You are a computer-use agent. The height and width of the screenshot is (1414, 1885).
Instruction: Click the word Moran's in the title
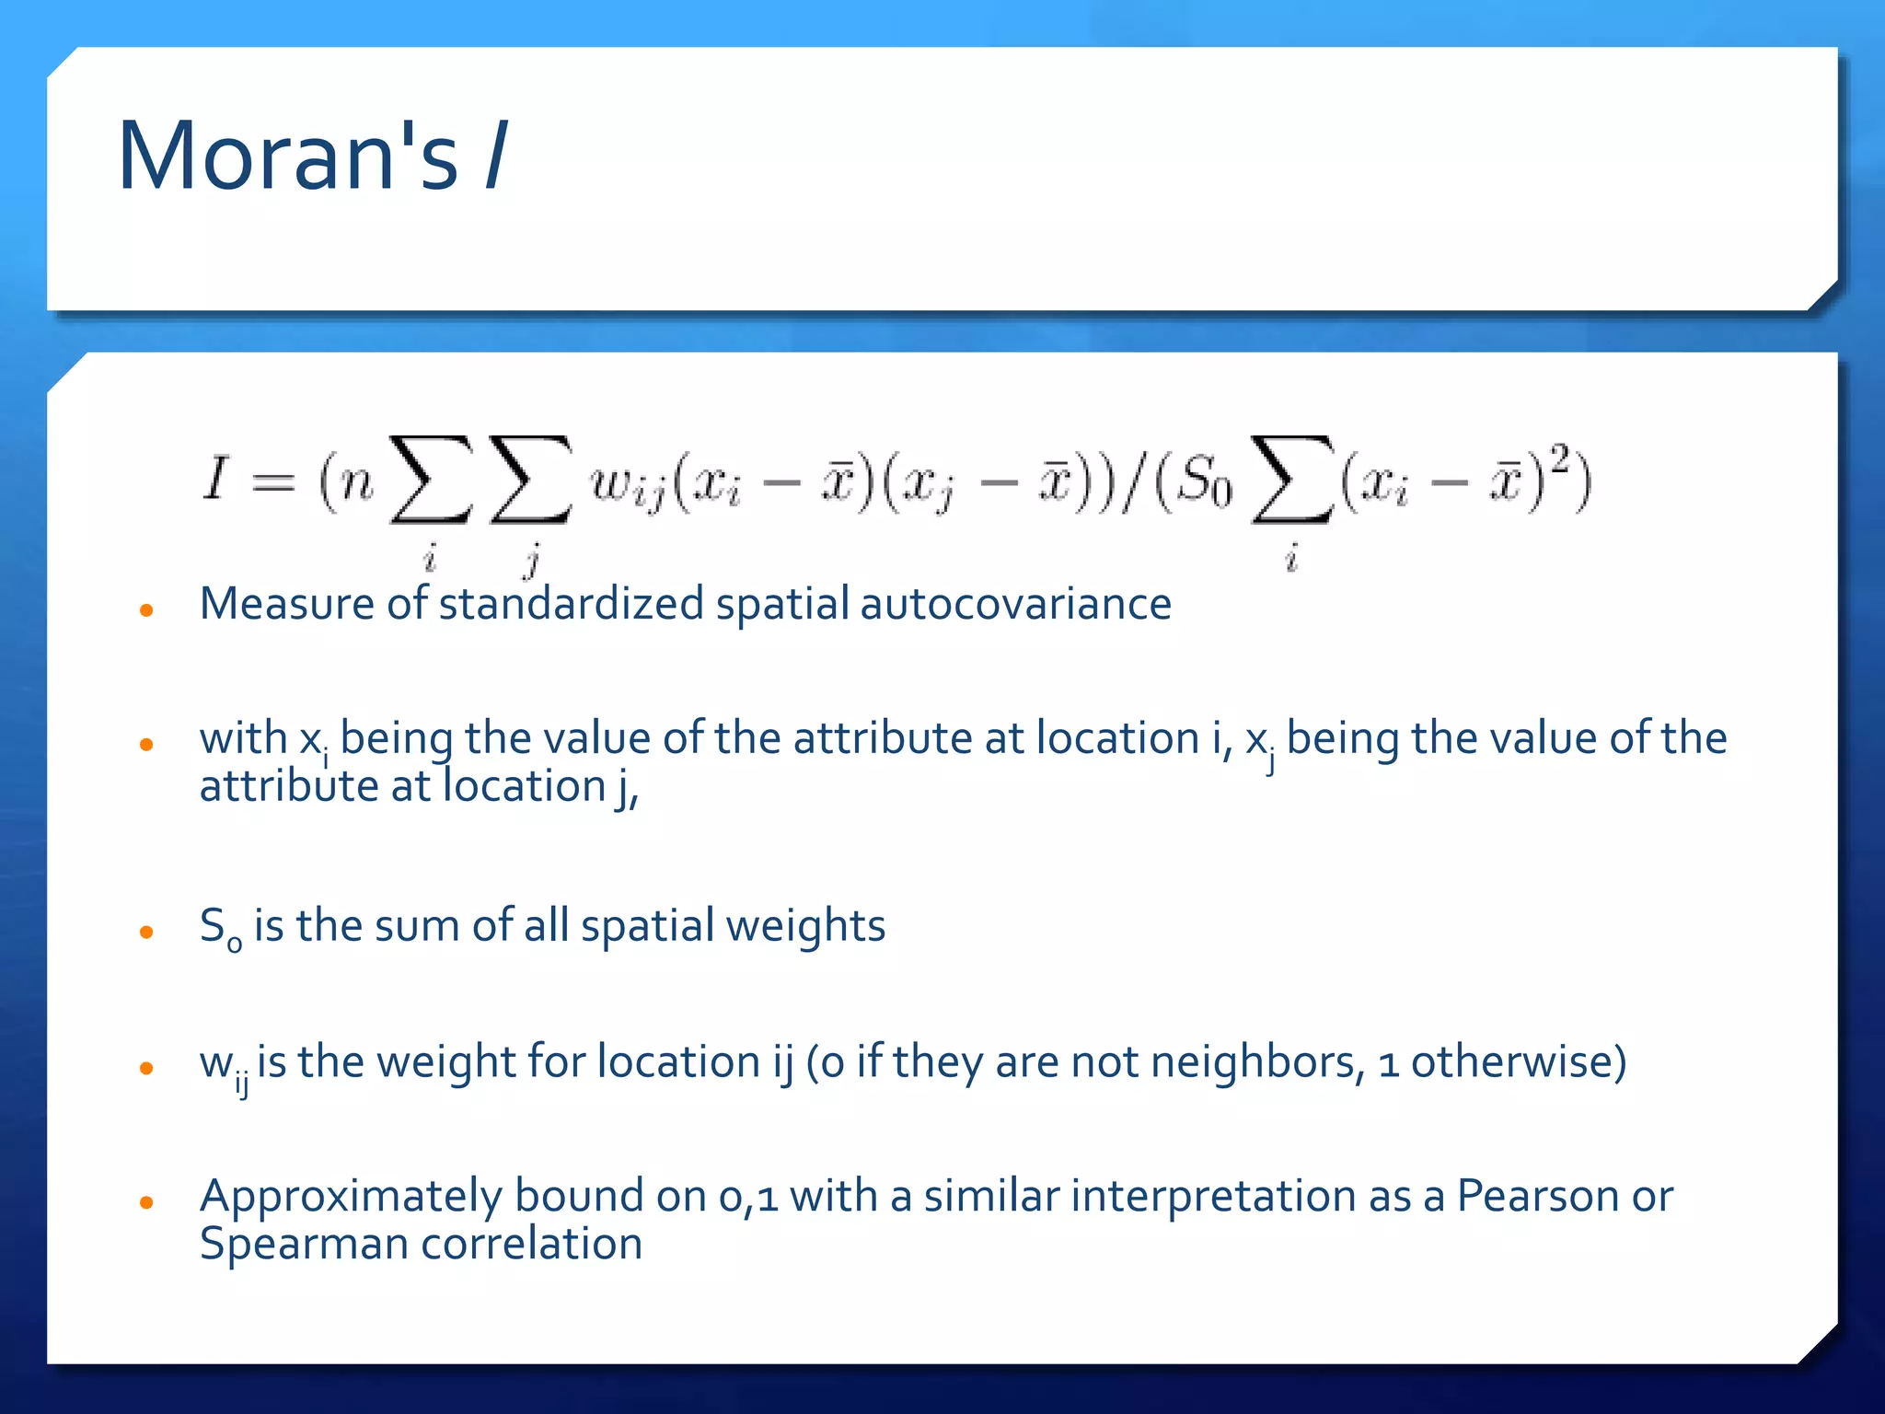coord(287,156)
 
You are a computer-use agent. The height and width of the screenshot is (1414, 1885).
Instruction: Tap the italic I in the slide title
coord(495,156)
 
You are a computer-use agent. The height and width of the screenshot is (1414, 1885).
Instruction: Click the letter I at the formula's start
coord(214,479)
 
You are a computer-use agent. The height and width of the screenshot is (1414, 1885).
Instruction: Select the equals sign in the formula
coord(273,482)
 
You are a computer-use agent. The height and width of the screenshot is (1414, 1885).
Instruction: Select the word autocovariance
coord(1015,605)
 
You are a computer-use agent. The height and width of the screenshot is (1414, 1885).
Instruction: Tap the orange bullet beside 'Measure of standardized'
coord(145,609)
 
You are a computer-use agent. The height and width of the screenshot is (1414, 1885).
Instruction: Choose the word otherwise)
coord(1519,1062)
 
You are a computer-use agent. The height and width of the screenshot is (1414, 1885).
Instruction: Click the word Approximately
coord(351,1198)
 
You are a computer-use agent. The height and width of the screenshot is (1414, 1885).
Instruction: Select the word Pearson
coord(1536,1196)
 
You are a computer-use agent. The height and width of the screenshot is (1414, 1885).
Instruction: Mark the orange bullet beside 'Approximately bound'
coord(145,1202)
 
